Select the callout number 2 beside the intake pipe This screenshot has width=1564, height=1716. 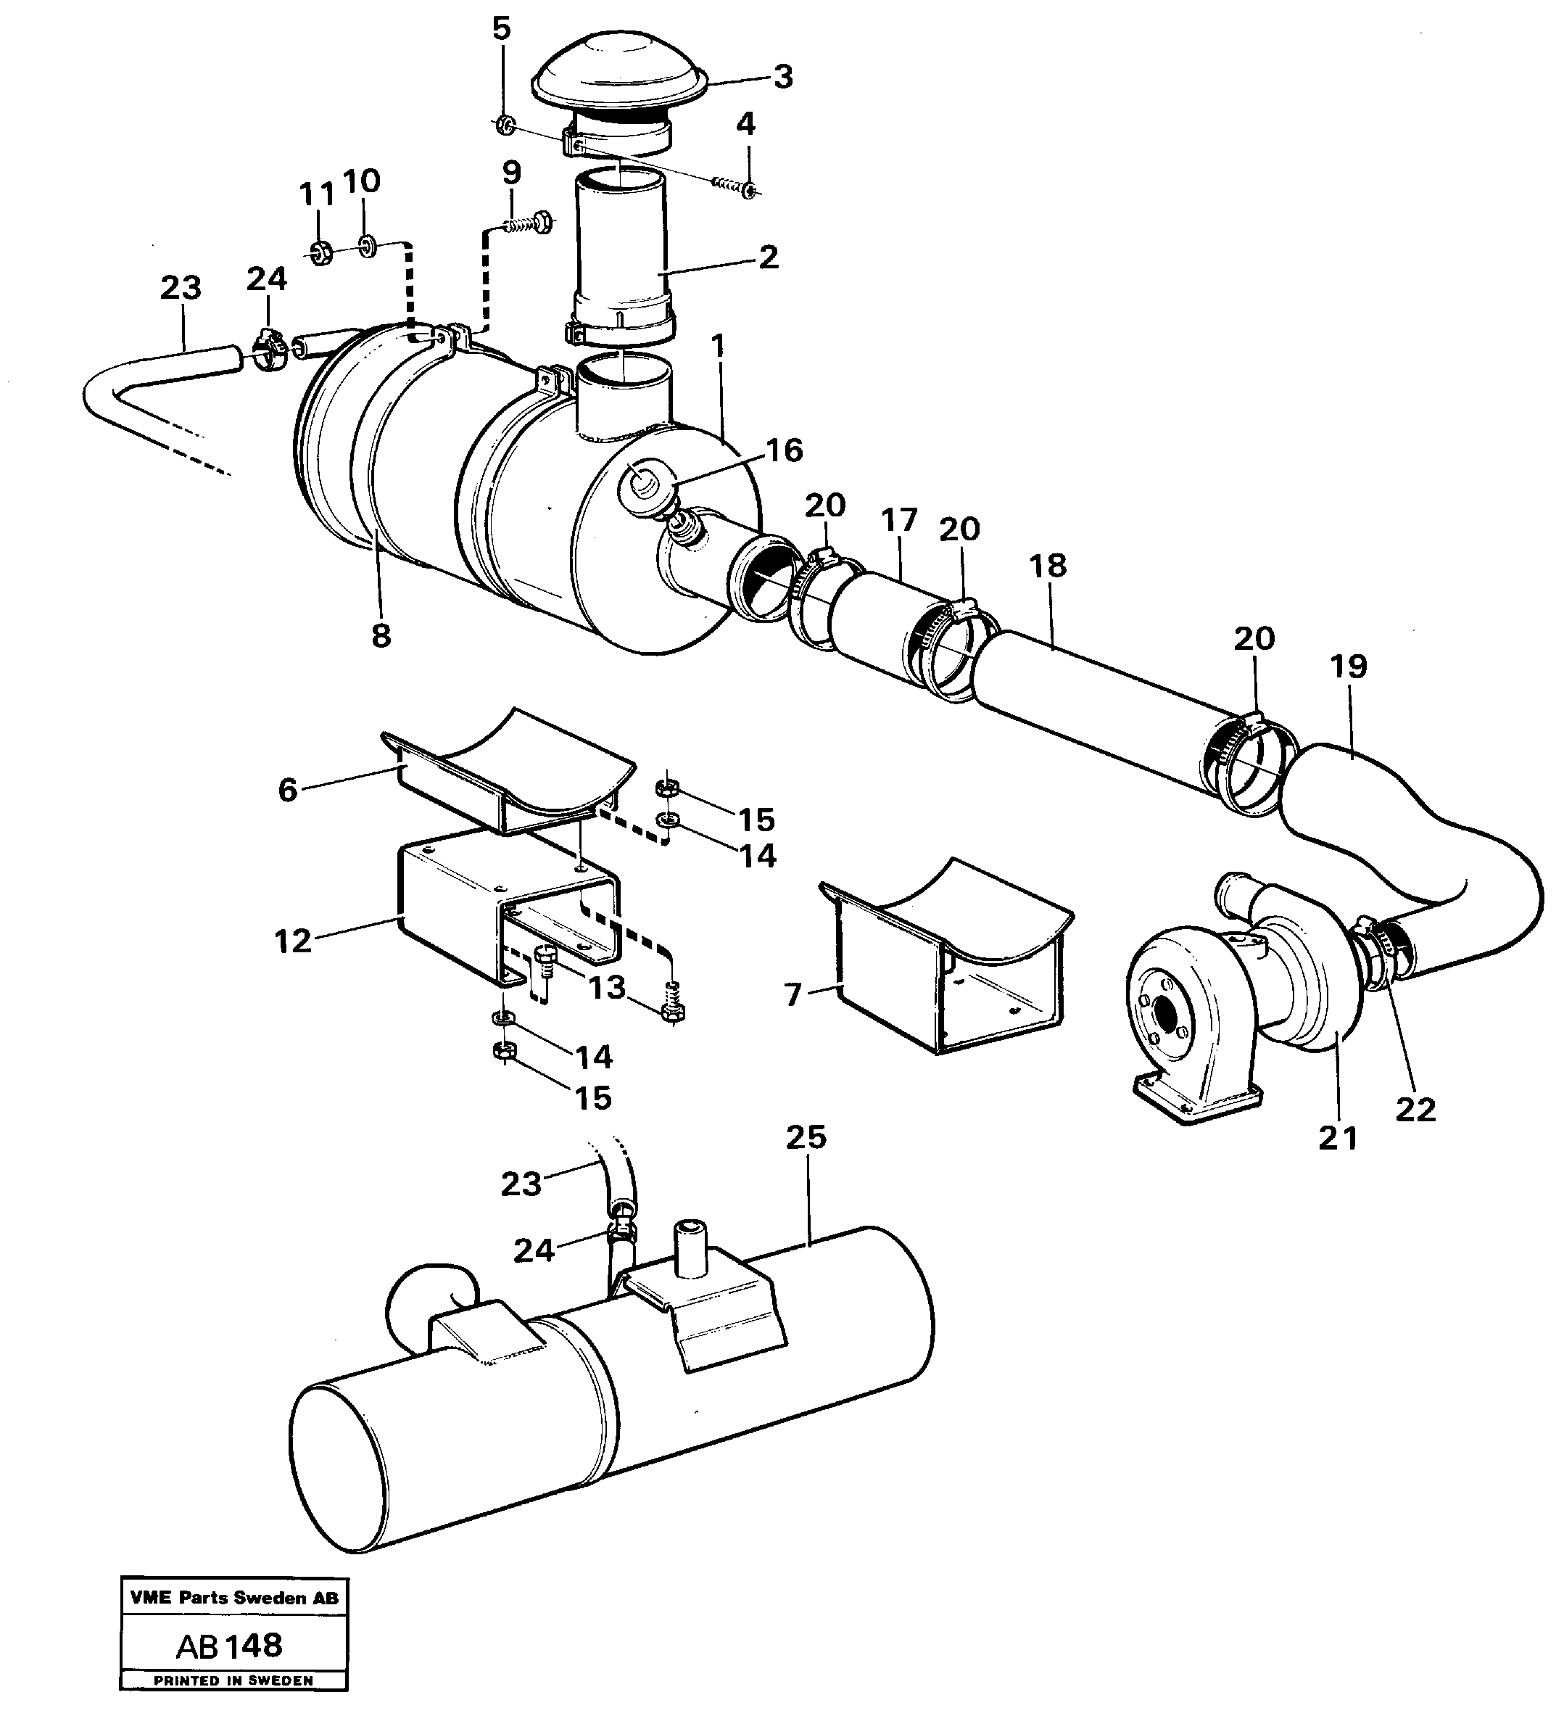click(x=768, y=257)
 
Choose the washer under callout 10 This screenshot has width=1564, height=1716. click(x=368, y=247)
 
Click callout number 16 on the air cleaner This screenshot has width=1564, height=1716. click(x=784, y=450)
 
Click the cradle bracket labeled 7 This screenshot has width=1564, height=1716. click(x=945, y=962)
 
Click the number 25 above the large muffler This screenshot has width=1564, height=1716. click(x=806, y=1137)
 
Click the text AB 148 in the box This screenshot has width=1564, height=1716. click(x=229, y=1646)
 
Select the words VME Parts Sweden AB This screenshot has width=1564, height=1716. click(x=234, y=1598)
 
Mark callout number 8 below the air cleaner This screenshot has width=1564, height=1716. click(x=381, y=635)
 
